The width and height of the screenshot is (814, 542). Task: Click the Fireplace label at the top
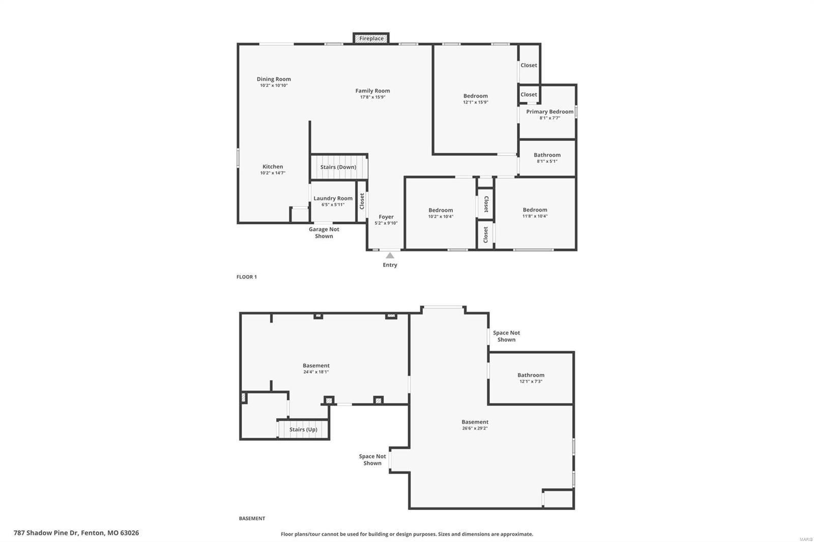click(x=371, y=39)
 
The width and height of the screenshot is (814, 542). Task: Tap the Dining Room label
click(x=274, y=79)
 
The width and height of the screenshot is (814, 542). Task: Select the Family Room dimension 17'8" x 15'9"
click(x=372, y=97)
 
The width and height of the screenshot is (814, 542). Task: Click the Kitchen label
click(x=273, y=166)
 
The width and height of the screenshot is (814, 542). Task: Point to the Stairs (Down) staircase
click(x=338, y=167)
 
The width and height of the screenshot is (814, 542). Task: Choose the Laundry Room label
click(x=333, y=198)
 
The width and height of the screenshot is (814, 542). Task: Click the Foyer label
click(x=386, y=217)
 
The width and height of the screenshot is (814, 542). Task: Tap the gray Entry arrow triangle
click(x=390, y=256)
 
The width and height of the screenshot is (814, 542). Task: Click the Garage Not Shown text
click(x=324, y=232)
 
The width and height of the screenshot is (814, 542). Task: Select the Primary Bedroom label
click(x=549, y=111)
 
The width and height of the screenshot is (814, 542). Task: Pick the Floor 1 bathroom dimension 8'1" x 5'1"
click(x=547, y=161)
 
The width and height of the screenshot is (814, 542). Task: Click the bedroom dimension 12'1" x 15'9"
click(x=475, y=102)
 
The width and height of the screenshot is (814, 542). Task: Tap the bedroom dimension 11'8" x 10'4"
click(x=535, y=216)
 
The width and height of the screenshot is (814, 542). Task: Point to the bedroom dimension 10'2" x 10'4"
click(x=441, y=217)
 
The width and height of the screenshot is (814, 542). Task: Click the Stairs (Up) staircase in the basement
click(x=303, y=430)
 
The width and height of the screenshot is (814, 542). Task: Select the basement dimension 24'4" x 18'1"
click(x=316, y=372)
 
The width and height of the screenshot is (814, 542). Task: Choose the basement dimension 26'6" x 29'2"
click(x=475, y=428)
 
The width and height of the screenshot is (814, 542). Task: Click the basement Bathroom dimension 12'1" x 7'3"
click(x=531, y=381)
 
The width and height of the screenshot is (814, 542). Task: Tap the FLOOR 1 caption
click(x=247, y=277)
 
